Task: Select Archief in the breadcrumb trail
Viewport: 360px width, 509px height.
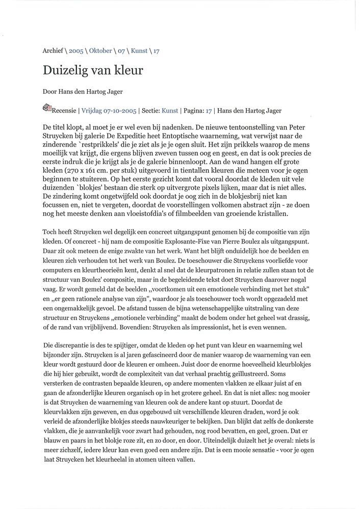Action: pyautogui.click(x=53, y=51)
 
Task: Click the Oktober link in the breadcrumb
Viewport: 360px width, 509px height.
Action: pyautogui.click(x=100, y=51)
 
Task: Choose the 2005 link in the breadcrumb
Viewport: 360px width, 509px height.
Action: pyautogui.click(x=76, y=51)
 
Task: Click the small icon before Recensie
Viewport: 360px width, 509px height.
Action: pyautogui.click(x=47, y=108)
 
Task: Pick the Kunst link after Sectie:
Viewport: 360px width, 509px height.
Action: pyautogui.click(x=170, y=110)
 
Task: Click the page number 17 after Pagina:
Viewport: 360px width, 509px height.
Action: pyautogui.click(x=209, y=110)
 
